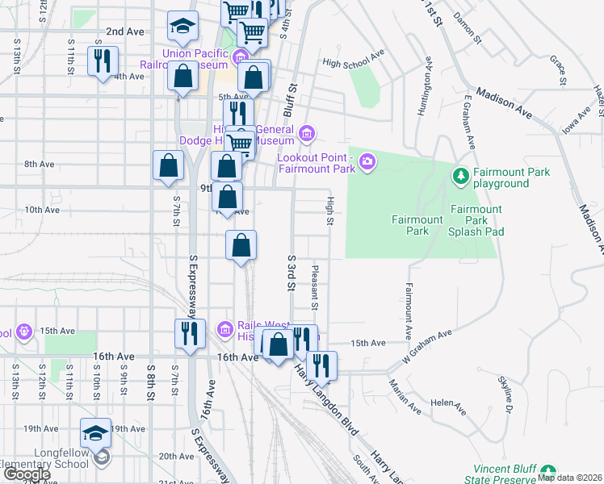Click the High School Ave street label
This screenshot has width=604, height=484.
(x=352, y=60)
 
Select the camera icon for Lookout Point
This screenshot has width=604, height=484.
(x=367, y=162)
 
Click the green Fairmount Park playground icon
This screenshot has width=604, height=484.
(x=460, y=175)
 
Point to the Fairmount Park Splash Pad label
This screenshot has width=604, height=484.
(x=476, y=220)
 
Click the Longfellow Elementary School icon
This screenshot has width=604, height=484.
(x=101, y=457)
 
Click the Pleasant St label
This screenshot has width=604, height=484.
(x=314, y=288)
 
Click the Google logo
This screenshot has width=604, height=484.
(x=26, y=474)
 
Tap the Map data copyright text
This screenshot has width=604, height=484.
(x=569, y=478)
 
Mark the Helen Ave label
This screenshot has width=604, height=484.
(x=448, y=407)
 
